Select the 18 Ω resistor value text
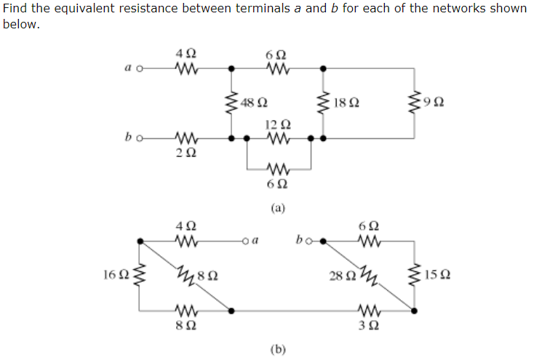[x=345, y=103]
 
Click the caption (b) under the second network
[x=278, y=349]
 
